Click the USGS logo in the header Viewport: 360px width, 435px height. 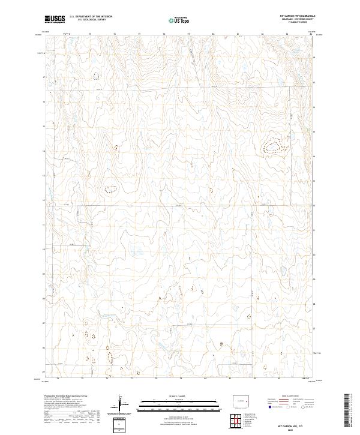55,19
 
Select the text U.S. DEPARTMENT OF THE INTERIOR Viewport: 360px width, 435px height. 91,17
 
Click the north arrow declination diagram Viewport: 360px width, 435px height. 122,404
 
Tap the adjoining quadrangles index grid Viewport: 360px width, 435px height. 236,422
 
